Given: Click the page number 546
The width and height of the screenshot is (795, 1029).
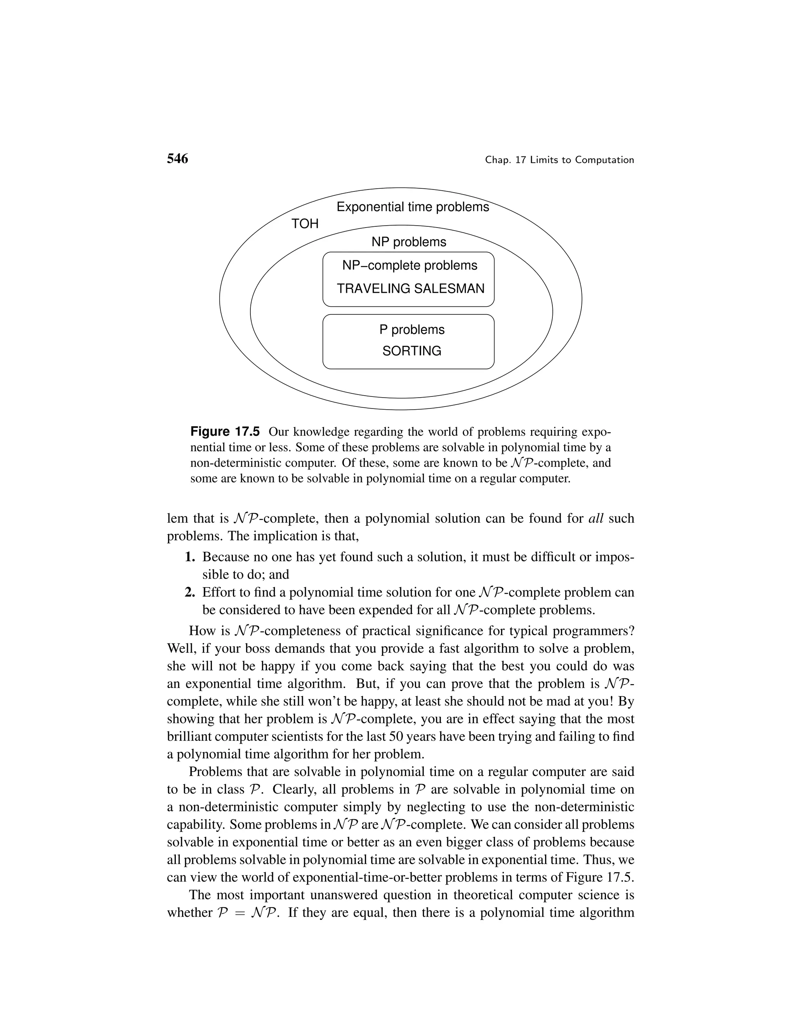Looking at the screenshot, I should pyautogui.click(x=177, y=159).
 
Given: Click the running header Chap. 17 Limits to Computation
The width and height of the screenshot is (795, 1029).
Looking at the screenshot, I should pyautogui.click(x=559, y=160).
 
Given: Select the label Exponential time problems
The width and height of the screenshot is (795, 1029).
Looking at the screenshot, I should pyautogui.click(x=413, y=207).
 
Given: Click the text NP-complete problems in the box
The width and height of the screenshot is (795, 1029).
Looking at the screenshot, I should pyautogui.click(x=409, y=265).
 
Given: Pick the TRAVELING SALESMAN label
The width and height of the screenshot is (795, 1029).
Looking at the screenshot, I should pyautogui.click(x=410, y=289).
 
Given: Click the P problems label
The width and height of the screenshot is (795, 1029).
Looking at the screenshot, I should pyautogui.click(x=411, y=329).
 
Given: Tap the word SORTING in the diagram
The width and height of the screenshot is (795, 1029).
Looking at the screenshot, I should pyautogui.click(x=411, y=351).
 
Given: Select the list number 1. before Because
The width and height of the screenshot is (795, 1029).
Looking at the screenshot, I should pyautogui.click(x=190, y=557).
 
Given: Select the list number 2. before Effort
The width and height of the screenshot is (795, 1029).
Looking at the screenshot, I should pyautogui.click(x=190, y=592).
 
